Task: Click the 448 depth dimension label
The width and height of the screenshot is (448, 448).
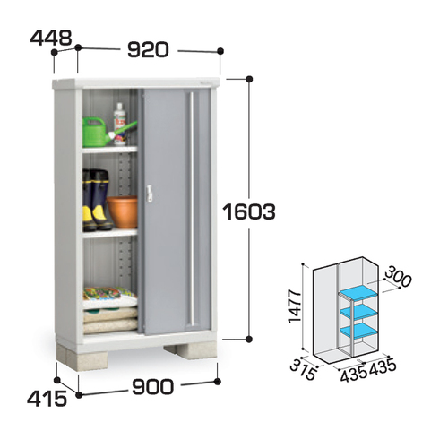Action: [51, 38]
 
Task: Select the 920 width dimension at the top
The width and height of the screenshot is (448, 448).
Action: [149, 49]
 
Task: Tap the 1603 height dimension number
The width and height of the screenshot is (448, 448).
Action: [249, 211]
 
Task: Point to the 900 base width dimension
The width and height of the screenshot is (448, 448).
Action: [152, 386]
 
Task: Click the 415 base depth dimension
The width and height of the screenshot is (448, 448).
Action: [47, 399]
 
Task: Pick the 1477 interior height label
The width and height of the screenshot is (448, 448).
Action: [295, 306]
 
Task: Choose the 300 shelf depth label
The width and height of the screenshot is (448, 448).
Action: [399, 277]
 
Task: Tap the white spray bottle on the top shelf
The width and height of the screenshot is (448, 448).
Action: [120, 124]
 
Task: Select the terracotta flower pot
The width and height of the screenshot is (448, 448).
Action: [123, 211]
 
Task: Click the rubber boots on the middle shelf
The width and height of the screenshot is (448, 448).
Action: [97, 200]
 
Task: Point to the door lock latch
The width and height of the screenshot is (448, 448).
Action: [149, 193]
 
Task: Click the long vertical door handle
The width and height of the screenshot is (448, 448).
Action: [192, 209]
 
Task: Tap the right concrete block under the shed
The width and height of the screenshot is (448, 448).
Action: [191, 350]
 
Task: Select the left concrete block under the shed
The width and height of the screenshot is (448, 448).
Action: [82, 358]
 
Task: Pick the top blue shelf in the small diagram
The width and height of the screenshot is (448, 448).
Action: [359, 292]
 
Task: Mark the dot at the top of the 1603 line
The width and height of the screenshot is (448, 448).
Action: [249, 79]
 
